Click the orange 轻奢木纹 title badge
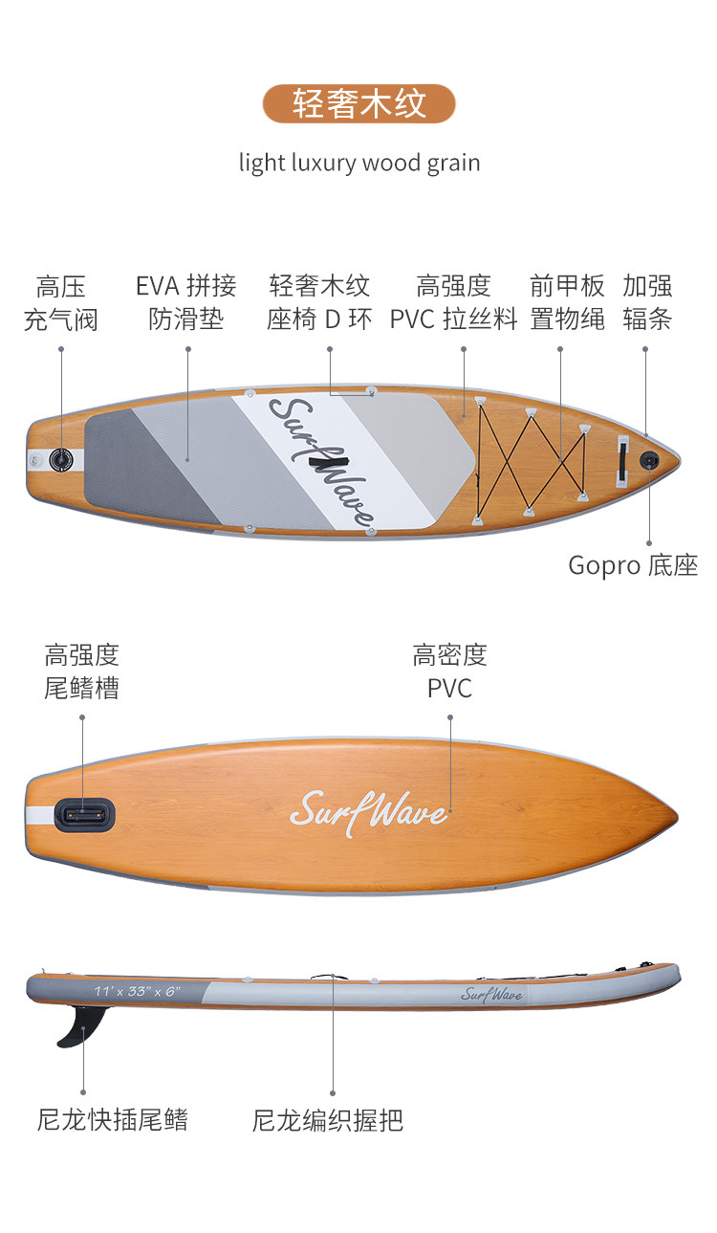[358, 103]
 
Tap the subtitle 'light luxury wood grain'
[358, 163]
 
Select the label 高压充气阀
[61, 302]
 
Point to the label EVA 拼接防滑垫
[186, 302]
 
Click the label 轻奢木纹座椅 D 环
[319, 302]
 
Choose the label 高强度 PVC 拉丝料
[453, 302]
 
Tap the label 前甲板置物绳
[568, 302]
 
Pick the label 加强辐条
[647, 302]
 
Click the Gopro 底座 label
[633, 565]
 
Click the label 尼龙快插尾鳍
[113, 1120]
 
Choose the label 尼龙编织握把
[328, 1120]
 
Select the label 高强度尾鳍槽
[81, 672]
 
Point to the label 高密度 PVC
[449, 672]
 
